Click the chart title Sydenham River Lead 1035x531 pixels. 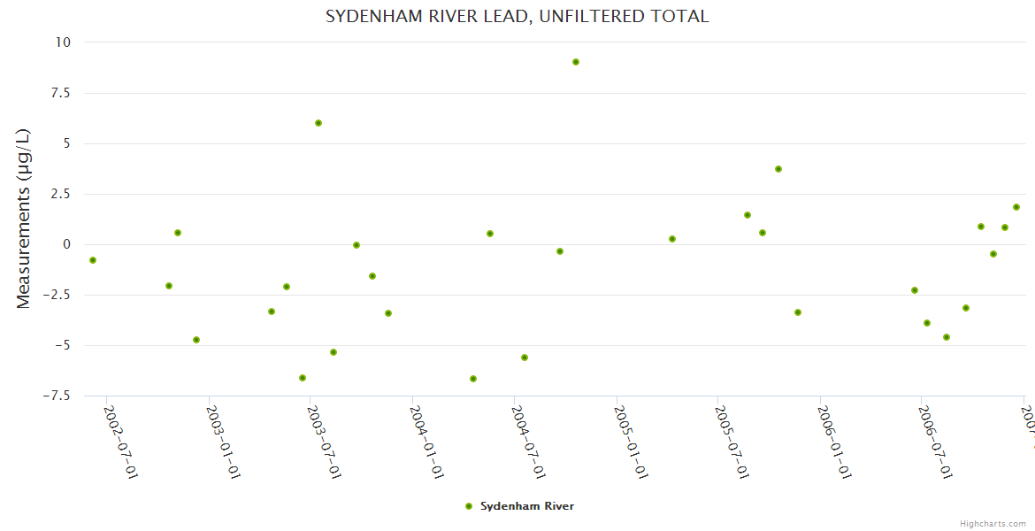click(517, 17)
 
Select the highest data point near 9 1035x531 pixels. click(576, 62)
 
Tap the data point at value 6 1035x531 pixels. click(318, 123)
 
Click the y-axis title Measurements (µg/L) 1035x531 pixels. click(24, 219)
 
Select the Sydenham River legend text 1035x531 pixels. click(527, 506)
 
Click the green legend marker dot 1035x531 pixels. click(469, 506)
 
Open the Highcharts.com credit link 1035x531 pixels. click(993, 524)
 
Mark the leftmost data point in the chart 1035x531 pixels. click(93, 260)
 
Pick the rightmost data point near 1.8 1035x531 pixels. click(1016, 207)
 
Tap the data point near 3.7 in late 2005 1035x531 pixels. click(778, 169)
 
